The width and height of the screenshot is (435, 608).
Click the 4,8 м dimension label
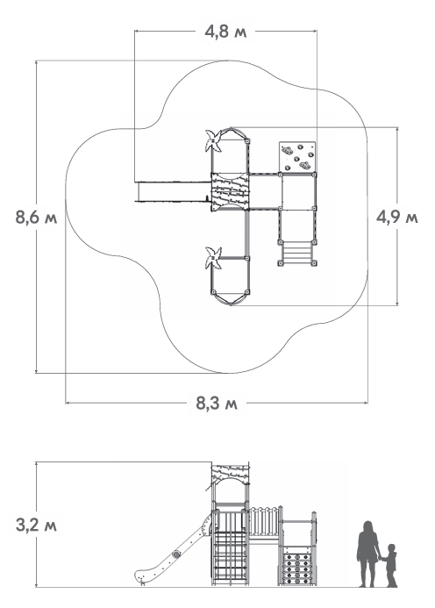225,32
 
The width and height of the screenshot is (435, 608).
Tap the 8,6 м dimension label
36,218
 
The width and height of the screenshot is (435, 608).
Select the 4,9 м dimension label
397,218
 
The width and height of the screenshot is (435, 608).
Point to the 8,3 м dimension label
217,404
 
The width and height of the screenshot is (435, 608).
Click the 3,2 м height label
36,526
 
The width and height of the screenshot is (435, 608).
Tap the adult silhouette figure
367,554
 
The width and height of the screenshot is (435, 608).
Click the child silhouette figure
390,565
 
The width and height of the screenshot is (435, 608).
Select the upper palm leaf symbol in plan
213,140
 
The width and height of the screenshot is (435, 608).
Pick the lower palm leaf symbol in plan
213,258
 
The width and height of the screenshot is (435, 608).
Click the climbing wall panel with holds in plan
297,157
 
